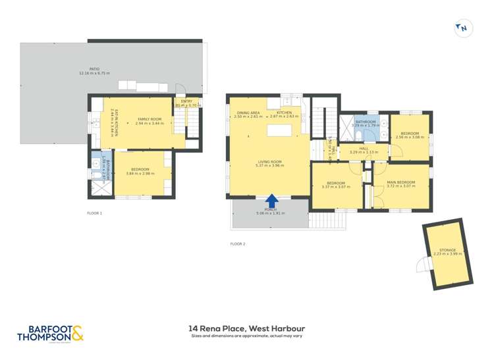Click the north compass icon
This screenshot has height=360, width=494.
tap(462, 28)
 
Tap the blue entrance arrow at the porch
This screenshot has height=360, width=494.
tap(271, 199)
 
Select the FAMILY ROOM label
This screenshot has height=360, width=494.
tap(148, 120)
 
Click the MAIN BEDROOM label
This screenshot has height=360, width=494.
tap(400, 182)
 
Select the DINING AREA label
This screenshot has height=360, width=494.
tap(248, 113)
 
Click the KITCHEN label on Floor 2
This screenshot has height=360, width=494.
tap(284, 113)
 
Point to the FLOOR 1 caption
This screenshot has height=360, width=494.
tap(95, 213)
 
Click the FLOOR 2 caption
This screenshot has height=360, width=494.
tap(237, 244)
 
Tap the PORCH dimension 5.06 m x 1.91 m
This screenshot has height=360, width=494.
tap(269, 213)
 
